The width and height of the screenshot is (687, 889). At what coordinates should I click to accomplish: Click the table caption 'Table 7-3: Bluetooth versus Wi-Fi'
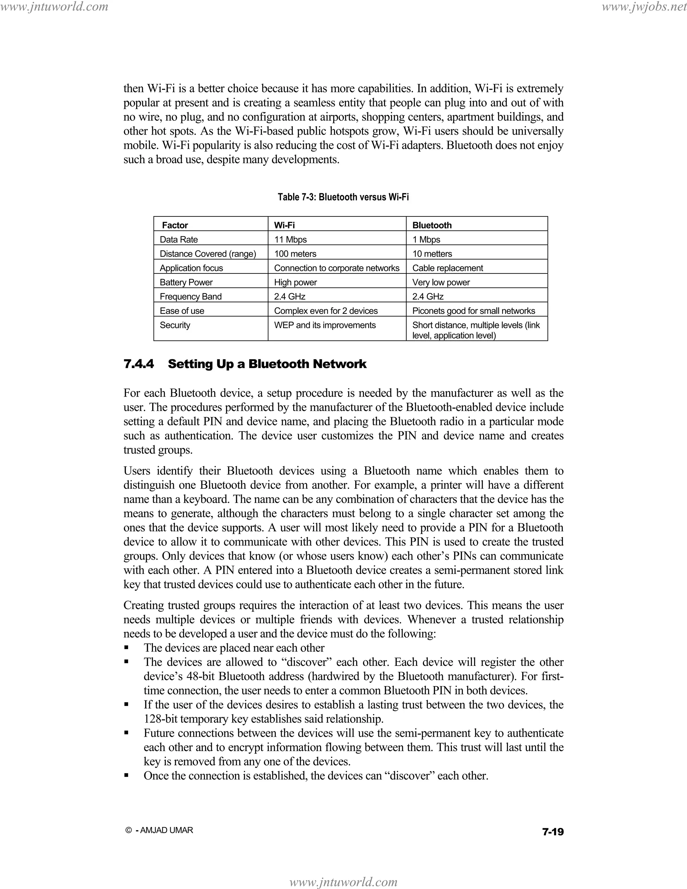tap(343, 197)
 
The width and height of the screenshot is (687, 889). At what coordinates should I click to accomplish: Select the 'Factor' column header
tap(175, 225)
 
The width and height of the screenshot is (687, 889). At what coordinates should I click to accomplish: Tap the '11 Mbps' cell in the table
tap(290, 239)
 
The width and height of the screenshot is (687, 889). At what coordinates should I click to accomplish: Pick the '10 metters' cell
tap(432, 254)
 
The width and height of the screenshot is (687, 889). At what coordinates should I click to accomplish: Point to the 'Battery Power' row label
tap(186, 282)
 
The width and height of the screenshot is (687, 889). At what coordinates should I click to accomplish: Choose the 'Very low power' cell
tap(441, 282)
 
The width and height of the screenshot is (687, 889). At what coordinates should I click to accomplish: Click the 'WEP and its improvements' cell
tap(325, 325)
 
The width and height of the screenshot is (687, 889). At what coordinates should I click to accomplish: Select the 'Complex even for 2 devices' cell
tap(326, 311)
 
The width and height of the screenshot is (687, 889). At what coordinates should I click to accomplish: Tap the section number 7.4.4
tap(139, 364)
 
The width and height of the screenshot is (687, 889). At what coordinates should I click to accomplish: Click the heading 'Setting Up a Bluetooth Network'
tap(267, 364)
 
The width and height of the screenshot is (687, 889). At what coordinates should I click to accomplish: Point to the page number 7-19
tap(553, 832)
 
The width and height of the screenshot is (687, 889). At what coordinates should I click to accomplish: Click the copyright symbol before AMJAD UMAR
tap(128, 830)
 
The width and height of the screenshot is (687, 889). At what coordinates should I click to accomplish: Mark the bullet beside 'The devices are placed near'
tap(126, 648)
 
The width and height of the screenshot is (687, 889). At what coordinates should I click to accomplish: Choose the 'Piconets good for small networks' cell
tap(473, 311)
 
